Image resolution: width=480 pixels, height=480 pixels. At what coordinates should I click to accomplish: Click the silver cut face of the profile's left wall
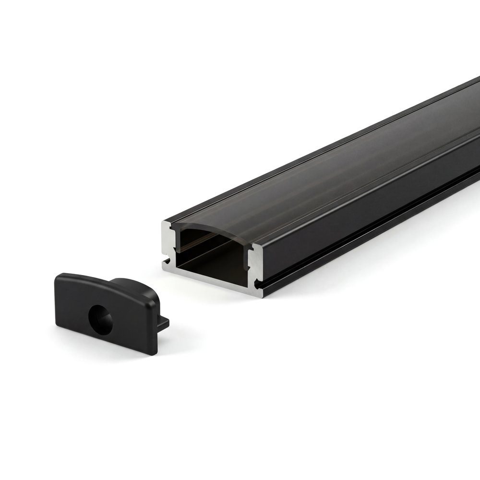point(168,245)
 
